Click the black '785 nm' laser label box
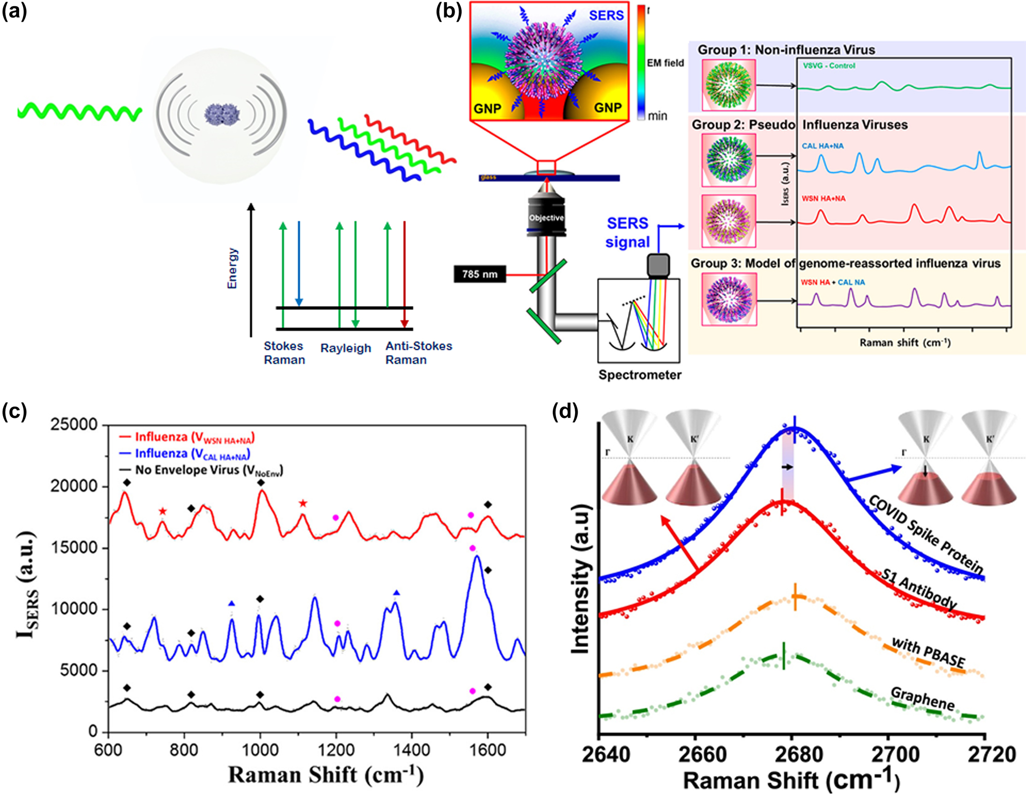click(x=479, y=274)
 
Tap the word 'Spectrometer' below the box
click(x=640, y=375)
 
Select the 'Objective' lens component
click(x=546, y=218)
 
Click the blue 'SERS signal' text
click(x=627, y=233)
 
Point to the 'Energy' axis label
click(x=232, y=268)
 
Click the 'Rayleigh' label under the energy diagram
click(x=345, y=348)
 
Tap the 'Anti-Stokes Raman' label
click(x=418, y=353)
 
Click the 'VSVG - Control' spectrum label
click(x=829, y=66)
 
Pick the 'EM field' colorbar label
click(x=665, y=63)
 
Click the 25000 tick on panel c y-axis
click(x=74, y=425)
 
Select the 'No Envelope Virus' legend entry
click(x=208, y=470)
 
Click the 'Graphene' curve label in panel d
click(x=922, y=699)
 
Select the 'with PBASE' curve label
click(x=928, y=653)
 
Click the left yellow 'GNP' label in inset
click(x=487, y=108)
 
